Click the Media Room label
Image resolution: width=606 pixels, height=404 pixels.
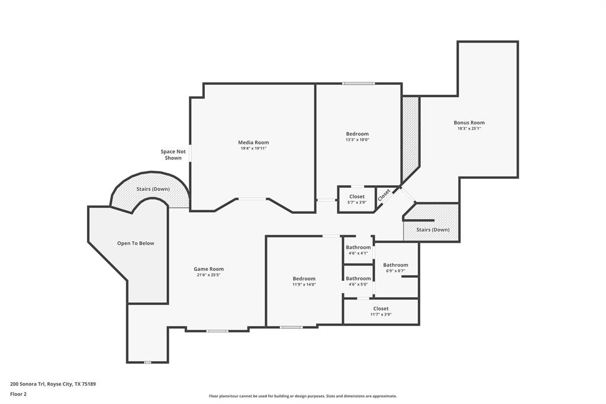[253, 142]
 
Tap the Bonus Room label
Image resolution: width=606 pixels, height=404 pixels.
[469, 123]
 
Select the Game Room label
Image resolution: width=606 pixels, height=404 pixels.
[208, 269]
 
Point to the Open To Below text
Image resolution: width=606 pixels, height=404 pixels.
[136, 243]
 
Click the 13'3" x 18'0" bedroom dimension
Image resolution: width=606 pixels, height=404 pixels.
[357, 140]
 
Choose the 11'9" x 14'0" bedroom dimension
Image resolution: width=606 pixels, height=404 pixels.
[304, 284]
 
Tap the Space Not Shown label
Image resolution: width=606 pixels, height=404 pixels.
[173, 155]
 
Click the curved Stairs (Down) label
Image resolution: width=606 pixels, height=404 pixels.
[153, 189]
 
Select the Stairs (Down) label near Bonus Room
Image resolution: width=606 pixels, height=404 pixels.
[433, 229]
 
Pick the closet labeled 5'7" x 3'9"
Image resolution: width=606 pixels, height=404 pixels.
[357, 199]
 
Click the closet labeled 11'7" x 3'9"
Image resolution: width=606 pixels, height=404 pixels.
[381, 312]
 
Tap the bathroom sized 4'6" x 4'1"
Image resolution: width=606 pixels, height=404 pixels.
[358, 250]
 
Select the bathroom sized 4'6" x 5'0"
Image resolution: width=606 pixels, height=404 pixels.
[358, 281]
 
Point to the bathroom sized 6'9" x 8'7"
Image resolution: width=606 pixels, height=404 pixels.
[395, 268]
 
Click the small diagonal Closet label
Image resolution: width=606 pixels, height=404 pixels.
[385, 195]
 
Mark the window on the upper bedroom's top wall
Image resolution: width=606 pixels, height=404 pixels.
[358, 84]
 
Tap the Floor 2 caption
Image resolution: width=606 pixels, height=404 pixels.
[18, 393]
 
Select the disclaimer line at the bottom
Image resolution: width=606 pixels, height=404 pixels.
[302, 396]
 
